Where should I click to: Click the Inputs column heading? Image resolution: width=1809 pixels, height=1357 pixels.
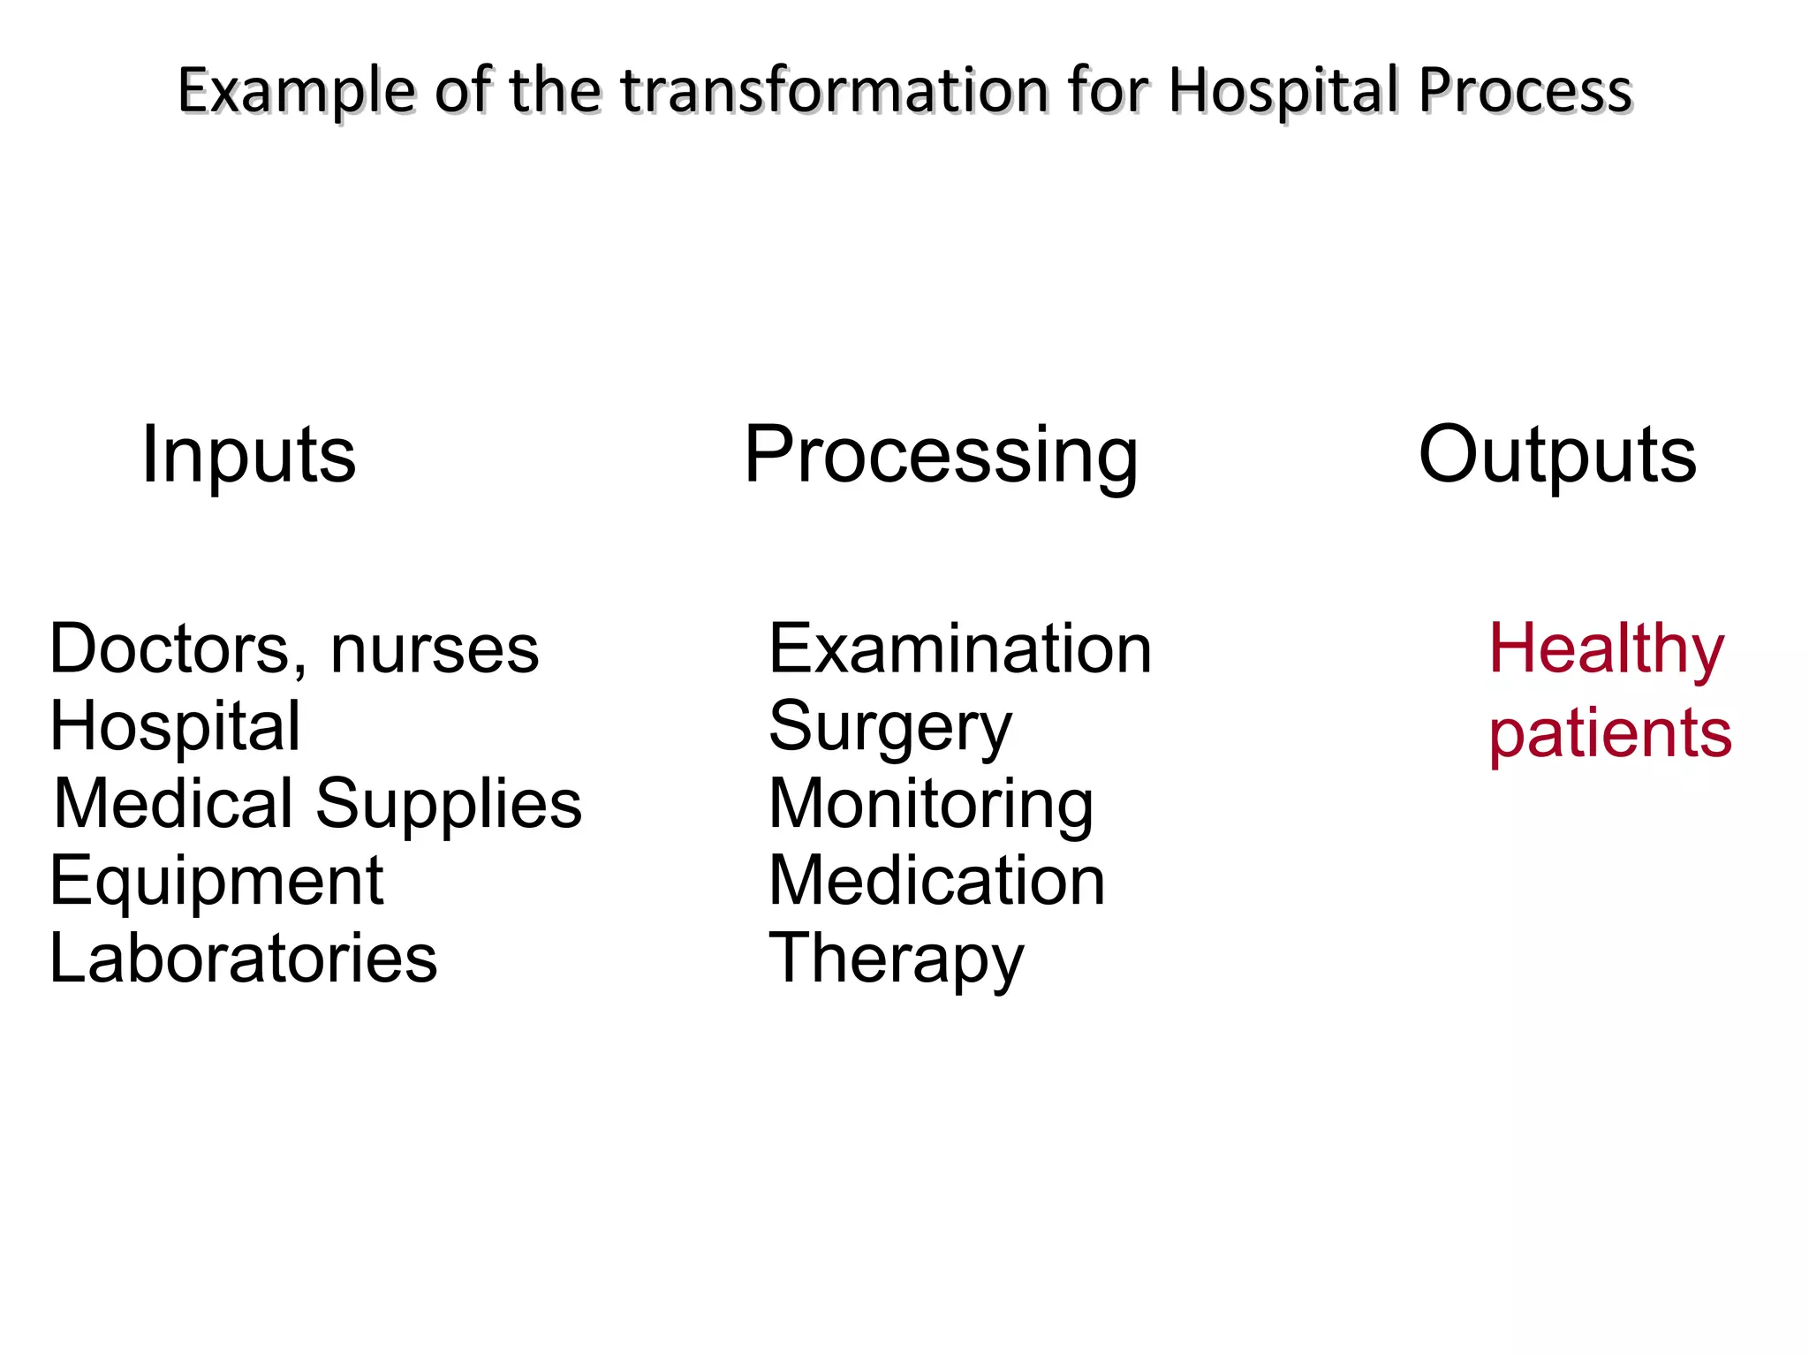point(248,455)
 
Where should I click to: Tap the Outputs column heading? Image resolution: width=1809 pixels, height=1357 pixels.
point(1557,455)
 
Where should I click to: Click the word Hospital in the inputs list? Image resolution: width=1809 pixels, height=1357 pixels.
point(175,727)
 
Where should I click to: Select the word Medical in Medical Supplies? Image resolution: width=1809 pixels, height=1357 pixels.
point(173,804)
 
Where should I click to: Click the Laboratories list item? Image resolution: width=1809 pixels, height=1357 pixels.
point(243,959)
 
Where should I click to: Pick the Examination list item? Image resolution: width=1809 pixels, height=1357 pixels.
point(960,649)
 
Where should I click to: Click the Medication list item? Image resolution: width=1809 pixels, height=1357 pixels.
point(937,882)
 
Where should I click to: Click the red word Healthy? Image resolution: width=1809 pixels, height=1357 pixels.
point(1606,649)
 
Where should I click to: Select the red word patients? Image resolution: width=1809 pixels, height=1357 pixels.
point(1610,734)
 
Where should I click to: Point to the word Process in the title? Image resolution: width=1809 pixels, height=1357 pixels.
point(1525,90)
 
